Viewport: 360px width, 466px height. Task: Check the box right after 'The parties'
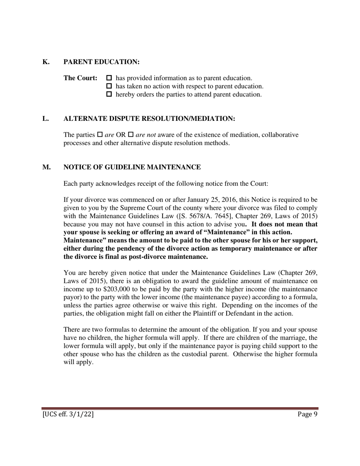[100, 135]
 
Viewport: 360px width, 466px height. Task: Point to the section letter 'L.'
[46, 119]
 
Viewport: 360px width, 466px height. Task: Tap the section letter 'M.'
[47, 167]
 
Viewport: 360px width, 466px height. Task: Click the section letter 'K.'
[46, 62]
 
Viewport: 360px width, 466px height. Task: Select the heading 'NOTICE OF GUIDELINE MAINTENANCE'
[132, 167]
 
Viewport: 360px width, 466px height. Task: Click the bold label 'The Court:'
[80, 78]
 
